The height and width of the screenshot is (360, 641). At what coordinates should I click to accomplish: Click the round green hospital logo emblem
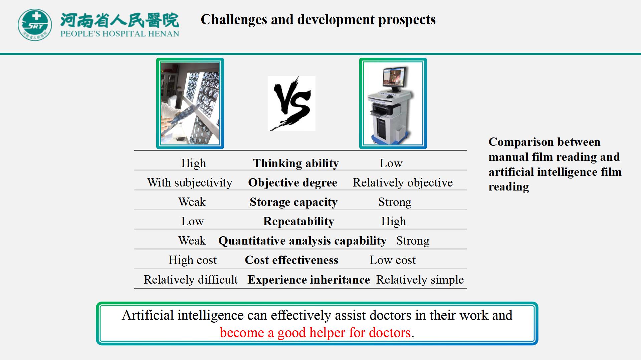(35, 25)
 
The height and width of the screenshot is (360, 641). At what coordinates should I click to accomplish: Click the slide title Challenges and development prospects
(318, 19)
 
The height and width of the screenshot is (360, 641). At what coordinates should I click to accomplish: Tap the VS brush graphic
(291, 103)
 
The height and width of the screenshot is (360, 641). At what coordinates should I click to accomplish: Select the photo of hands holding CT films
(190, 103)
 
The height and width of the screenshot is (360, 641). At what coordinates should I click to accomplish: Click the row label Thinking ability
(296, 163)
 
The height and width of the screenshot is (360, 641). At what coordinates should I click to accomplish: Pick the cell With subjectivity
(190, 183)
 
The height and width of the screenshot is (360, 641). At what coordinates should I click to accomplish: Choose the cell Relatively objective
(403, 183)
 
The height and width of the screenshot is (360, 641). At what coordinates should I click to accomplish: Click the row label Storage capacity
(293, 202)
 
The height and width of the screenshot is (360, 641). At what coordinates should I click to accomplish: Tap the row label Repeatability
(298, 221)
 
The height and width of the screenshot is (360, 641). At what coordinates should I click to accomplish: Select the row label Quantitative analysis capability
(302, 241)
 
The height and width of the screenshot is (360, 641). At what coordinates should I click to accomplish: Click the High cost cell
(193, 260)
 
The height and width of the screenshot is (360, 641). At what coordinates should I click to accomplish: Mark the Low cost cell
(393, 260)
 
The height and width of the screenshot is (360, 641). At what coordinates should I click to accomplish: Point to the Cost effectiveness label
(291, 260)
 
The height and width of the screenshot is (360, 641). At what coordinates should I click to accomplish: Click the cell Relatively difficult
(191, 279)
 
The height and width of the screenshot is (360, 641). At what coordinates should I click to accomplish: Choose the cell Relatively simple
(420, 279)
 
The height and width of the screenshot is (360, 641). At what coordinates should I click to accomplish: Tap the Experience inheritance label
(309, 279)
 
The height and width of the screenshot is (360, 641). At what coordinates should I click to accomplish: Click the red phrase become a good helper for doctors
(315, 333)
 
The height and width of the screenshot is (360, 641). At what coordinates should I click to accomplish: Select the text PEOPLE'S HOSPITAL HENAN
(120, 34)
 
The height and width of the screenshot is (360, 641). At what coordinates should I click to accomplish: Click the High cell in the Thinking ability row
(194, 163)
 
